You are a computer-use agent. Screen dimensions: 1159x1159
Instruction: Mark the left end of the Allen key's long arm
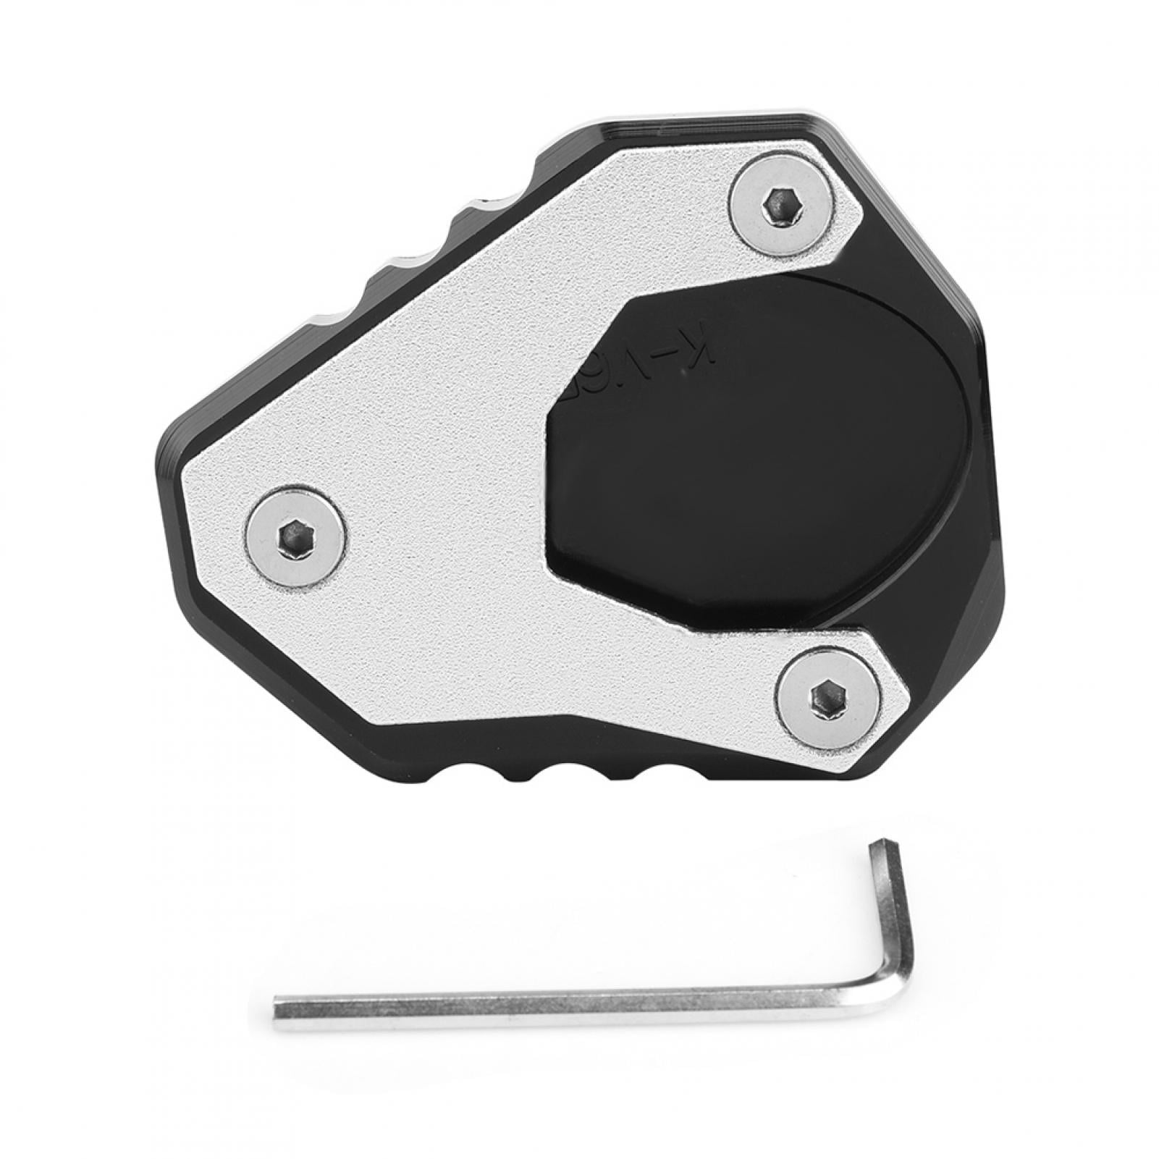coord(279,1008)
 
